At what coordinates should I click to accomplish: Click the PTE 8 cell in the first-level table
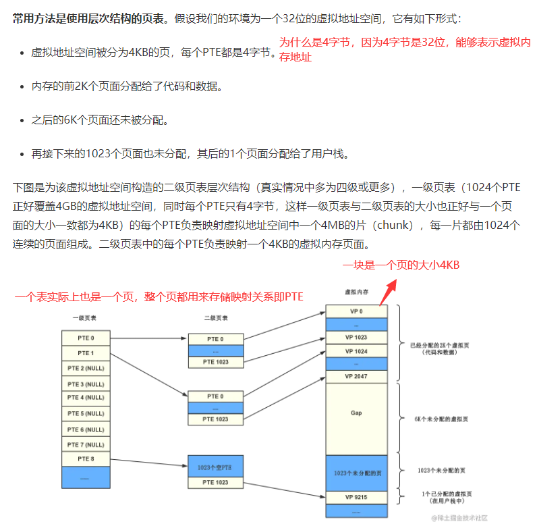tap(86, 460)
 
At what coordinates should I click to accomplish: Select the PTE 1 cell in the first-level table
tap(86, 353)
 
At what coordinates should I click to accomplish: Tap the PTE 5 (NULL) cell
tap(86, 414)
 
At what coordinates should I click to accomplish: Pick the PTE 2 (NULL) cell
tap(86, 368)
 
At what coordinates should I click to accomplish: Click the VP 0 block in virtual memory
tap(356, 312)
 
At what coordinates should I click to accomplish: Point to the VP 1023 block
tap(356, 337)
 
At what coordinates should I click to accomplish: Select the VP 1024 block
tap(356, 351)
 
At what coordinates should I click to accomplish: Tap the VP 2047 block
tap(356, 376)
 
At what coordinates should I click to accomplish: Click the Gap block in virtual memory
tap(356, 411)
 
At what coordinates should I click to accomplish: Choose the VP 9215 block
tap(356, 498)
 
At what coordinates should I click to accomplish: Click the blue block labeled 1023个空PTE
tap(215, 467)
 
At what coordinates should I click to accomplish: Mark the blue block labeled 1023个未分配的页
tap(356, 472)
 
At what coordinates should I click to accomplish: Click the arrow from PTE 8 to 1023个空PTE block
tap(148, 463)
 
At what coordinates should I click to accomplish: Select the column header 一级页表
tap(86, 317)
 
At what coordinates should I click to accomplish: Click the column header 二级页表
tap(215, 317)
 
